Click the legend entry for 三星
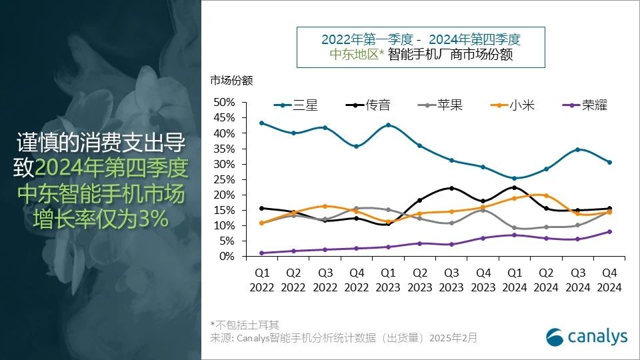click(296, 105)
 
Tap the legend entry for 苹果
click(439, 105)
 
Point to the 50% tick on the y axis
click(225, 102)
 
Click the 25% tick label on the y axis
click(225, 179)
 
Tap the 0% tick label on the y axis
click(227, 257)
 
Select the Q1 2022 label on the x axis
click(261, 280)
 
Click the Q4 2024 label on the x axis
click(609, 280)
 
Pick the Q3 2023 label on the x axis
click(451, 280)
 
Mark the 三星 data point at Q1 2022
click(261, 123)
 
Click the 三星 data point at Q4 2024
click(609, 162)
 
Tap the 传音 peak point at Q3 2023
click(451, 188)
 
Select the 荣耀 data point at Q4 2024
click(609, 232)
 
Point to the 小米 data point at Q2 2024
click(546, 195)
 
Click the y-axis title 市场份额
click(232, 81)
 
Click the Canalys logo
click(586, 337)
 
